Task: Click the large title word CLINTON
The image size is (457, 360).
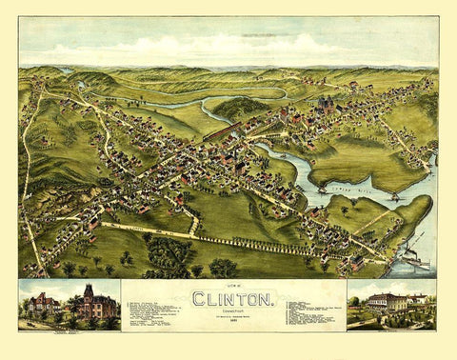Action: (228, 298)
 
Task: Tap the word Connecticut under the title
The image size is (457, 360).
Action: (228, 310)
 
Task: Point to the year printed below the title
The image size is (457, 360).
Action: (228, 319)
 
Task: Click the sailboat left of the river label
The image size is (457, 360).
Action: (323, 188)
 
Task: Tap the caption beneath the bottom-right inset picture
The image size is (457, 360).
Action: (390, 325)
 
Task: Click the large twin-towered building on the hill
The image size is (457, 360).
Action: (325, 102)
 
